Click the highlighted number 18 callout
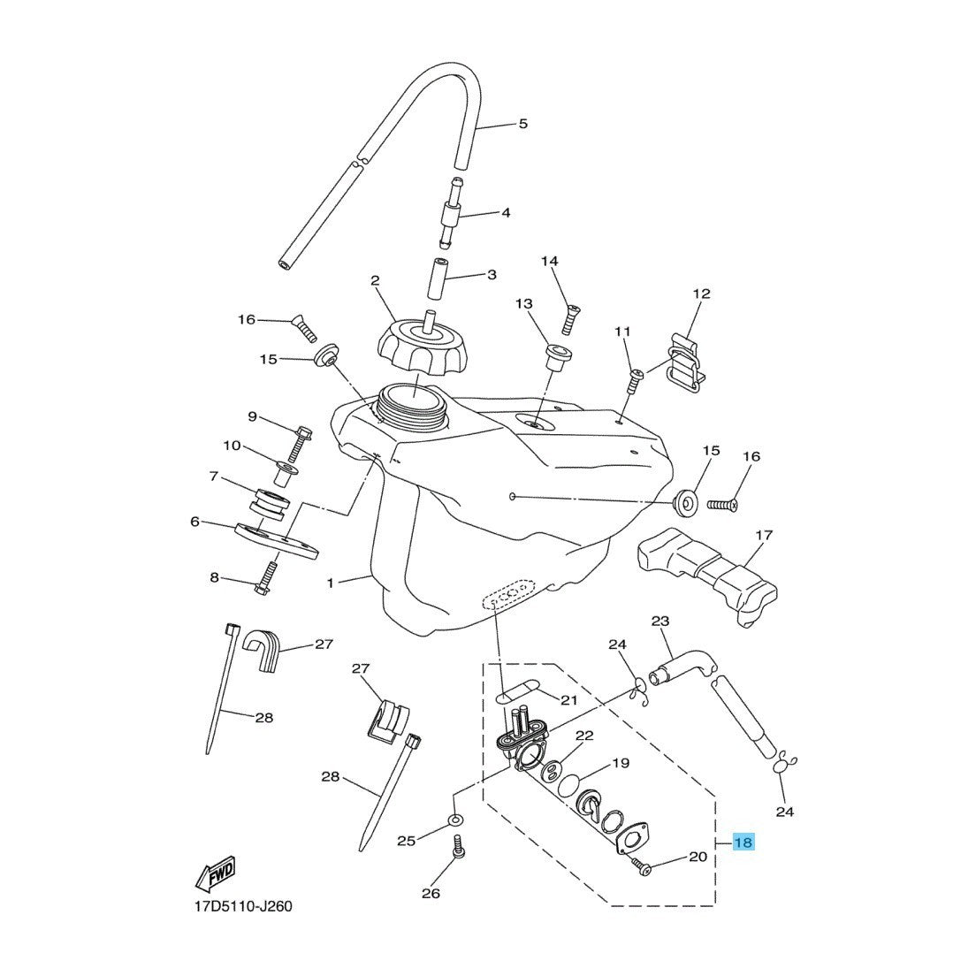(743, 843)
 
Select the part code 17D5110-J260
(242, 906)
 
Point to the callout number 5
(522, 124)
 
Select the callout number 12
(701, 293)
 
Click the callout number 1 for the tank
(331, 583)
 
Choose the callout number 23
(660, 621)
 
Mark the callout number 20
(698, 856)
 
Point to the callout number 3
(492, 275)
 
